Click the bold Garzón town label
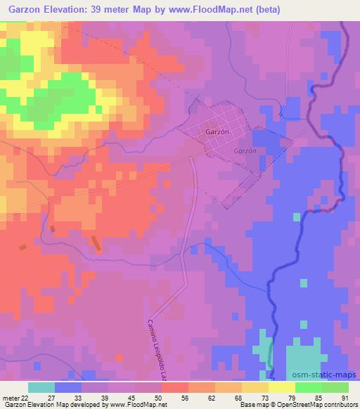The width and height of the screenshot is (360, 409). [217, 131]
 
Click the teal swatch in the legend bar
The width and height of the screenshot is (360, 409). [41, 387]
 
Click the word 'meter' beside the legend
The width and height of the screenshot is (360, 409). [8, 397]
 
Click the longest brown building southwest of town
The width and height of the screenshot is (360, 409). [95, 243]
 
